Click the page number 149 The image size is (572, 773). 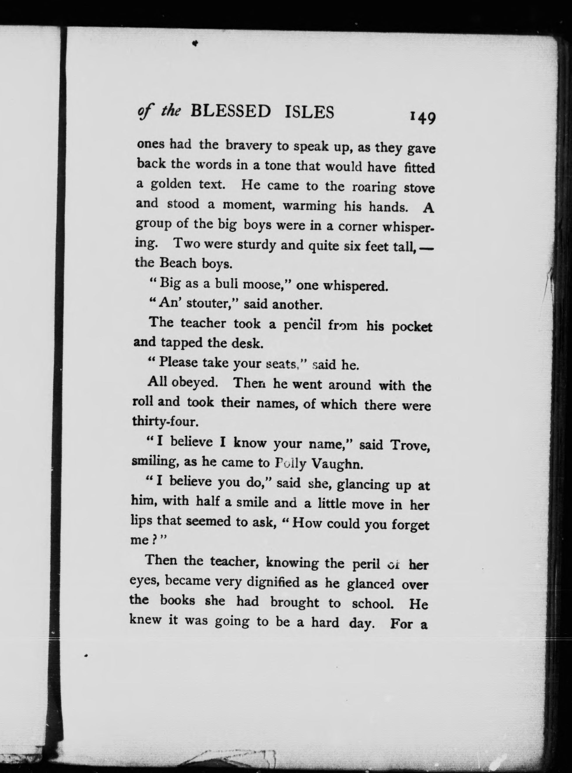(422, 118)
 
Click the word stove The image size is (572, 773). (419, 189)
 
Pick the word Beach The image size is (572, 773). (178, 264)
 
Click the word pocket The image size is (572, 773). (412, 327)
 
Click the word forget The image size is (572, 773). (410, 525)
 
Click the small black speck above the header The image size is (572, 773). (195, 43)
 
